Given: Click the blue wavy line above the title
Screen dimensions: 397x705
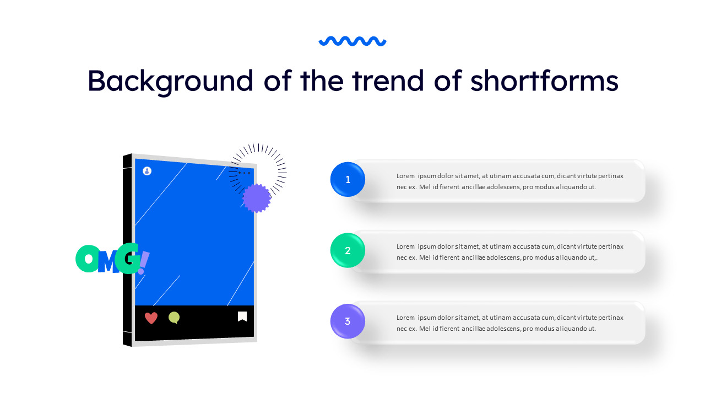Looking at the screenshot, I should click(x=352, y=41).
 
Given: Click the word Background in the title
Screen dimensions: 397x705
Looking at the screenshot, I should click(x=170, y=81).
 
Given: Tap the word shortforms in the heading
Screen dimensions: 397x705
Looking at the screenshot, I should click(x=544, y=81).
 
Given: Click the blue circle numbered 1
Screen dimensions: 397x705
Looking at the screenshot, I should click(x=348, y=179).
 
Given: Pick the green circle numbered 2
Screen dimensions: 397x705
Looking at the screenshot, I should click(x=348, y=250).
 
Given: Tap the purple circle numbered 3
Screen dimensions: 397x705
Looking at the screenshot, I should click(x=348, y=321).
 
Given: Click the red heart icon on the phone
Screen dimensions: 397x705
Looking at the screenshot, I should click(x=151, y=318).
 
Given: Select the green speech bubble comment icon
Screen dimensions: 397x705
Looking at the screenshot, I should click(x=174, y=318).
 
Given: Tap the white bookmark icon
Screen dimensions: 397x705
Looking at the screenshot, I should click(x=242, y=316).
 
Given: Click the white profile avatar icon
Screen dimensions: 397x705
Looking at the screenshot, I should click(x=147, y=171).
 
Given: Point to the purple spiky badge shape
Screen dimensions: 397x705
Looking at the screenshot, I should click(x=257, y=198).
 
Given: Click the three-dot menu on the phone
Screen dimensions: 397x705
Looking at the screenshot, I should click(x=244, y=173).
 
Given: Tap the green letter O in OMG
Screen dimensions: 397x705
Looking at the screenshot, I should click(x=86, y=259).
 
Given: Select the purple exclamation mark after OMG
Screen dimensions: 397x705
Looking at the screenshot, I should click(x=143, y=262).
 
